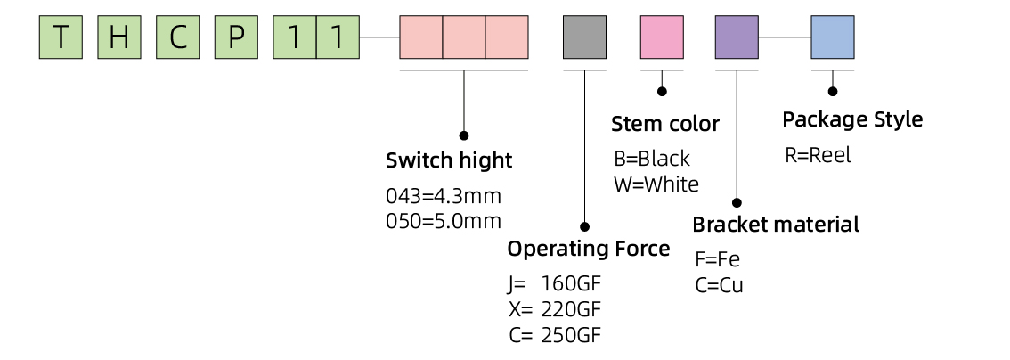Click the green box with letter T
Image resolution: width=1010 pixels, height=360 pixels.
(x=61, y=37)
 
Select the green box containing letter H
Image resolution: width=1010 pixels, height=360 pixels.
(x=119, y=37)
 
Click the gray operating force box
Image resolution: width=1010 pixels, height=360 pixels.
(x=584, y=37)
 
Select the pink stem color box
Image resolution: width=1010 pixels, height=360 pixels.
(x=662, y=37)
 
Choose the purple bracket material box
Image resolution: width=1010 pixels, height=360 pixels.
(x=737, y=37)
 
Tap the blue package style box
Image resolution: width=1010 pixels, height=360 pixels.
(x=833, y=37)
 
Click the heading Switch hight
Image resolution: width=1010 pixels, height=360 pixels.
(x=449, y=160)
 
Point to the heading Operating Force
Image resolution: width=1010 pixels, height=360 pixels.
(x=588, y=248)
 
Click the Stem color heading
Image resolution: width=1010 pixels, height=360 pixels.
(x=664, y=123)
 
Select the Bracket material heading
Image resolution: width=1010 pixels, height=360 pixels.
(x=776, y=224)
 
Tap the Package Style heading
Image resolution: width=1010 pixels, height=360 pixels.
(x=852, y=119)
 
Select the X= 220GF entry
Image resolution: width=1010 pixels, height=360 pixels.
(x=554, y=310)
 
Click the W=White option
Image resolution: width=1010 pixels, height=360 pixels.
(x=656, y=184)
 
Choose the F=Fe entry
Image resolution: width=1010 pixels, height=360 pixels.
(x=717, y=260)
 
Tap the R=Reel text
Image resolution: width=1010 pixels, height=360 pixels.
(x=818, y=155)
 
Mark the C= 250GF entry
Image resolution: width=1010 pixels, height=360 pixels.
(x=554, y=335)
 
